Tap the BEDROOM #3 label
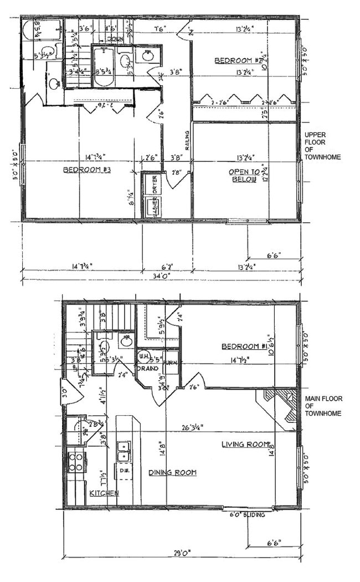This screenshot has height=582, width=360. pyautogui.click(x=87, y=170)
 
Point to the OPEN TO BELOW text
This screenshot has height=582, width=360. pyautogui.click(x=243, y=176)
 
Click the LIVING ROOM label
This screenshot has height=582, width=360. pyautogui.click(x=245, y=445)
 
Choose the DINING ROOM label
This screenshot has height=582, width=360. pyautogui.click(x=172, y=473)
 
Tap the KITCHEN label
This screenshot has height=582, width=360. pyautogui.click(x=104, y=493)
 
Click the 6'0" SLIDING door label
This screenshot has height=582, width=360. pyautogui.click(x=247, y=515)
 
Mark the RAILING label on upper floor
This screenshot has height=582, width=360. pyautogui.click(x=187, y=140)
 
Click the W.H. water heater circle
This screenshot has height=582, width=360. pyautogui.click(x=143, y=356)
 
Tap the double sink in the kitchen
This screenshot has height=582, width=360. pyautogui.click(x=123, y=451)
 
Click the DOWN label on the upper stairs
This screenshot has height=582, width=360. pyautogui.click(x=115, y=39)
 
